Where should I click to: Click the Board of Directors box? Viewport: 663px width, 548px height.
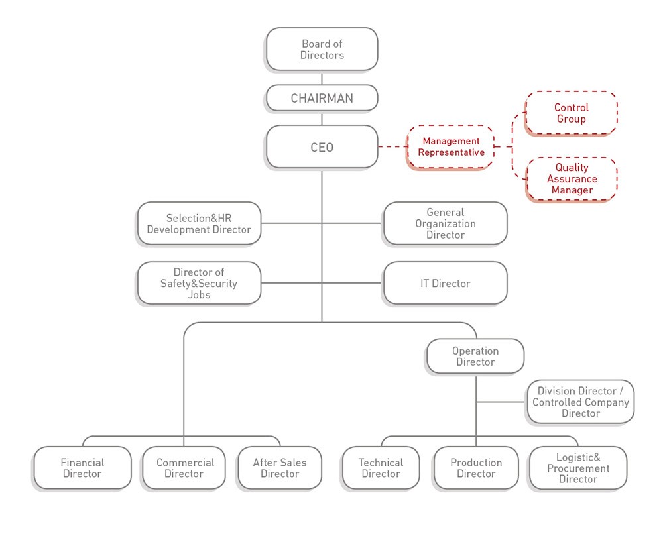[322, 49]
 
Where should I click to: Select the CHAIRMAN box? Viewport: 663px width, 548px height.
[322, 99]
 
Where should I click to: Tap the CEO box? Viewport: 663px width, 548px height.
[322, 146]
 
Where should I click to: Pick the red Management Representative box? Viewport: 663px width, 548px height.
[450, 146]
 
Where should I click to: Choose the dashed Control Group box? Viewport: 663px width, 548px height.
[571, 113]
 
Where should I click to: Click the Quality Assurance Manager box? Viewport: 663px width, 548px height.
[572, 179]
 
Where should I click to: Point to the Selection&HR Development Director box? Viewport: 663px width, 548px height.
[198, 223]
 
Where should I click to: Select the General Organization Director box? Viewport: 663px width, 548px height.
[445, 223]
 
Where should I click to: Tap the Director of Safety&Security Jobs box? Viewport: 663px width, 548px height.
[198, 283]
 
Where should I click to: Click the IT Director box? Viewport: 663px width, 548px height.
[445, 283]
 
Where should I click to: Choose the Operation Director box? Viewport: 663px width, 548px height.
[475, 356]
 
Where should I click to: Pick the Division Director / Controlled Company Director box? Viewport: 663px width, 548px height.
[580, 402]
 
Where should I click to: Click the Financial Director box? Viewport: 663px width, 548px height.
[82, 468]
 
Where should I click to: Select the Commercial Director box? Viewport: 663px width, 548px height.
[184, 468]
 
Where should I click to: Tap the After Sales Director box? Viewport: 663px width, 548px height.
[279, 468]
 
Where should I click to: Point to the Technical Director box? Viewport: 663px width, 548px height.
[381, 468]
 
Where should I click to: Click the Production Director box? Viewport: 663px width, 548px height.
[475, 468]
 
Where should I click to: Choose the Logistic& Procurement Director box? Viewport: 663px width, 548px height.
[577, 468]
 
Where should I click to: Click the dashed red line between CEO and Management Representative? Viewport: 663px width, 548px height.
[392, 146]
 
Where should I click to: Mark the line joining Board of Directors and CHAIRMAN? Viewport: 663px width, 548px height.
[322, 78]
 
